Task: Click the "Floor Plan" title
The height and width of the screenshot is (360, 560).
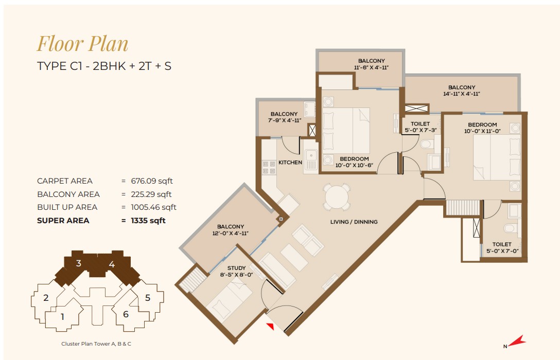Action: point(82,44)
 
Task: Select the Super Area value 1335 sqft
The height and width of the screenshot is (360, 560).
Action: point(148,221)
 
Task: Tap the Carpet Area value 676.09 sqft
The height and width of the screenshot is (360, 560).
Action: point(152,181)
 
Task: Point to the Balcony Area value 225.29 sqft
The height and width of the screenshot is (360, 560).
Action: point(151,194)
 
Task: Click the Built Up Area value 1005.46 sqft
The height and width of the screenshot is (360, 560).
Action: point(153,207)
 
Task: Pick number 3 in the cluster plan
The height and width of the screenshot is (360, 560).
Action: point(79,263)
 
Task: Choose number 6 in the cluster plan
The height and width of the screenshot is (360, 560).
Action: point(126,314)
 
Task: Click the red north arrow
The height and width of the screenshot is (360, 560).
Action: point(516,341)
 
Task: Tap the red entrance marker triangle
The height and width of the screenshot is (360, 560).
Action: point(271,326)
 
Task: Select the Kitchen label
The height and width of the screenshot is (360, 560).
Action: point(290,163)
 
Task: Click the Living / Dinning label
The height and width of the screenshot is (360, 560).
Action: point(354,222)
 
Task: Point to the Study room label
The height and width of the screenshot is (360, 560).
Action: point(236,268)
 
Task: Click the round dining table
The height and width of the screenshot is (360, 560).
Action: point(336,196)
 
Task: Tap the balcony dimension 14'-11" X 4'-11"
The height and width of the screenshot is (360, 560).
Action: point(461,94)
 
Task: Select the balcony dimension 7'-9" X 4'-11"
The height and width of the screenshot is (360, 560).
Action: point(285,120)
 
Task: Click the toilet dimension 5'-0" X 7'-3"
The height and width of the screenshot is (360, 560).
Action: point(421,130)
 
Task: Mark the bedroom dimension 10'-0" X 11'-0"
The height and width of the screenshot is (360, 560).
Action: point(482,131)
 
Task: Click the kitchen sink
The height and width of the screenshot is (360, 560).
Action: point(311,156)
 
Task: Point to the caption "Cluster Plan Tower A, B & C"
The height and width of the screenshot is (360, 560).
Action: point(96,344)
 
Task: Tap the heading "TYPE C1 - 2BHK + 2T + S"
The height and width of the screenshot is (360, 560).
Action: point(104,66)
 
